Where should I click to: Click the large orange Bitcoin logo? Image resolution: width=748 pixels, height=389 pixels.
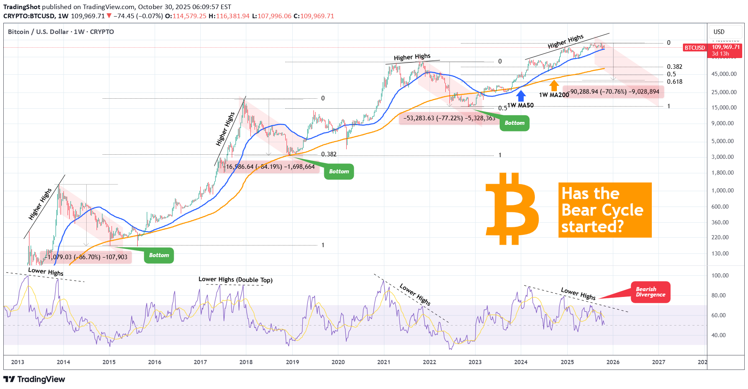(512, 209)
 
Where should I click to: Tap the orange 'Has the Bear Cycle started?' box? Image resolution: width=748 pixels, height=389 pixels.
(605, 210)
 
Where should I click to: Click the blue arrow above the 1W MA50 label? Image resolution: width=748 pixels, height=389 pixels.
(521, 96)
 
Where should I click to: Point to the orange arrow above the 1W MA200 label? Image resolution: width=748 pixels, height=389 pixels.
(554, 85)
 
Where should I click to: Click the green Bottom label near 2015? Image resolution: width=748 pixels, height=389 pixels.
(159, 255)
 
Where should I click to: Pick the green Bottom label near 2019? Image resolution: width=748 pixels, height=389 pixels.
(339, 171)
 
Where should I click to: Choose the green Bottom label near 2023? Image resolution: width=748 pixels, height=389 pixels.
(514, 123)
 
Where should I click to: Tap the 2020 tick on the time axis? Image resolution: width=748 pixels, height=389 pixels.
(338, 362)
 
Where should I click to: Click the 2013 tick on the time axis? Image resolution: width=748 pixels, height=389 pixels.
(17, 362)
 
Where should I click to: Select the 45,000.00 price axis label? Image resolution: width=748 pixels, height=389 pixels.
(724, 74)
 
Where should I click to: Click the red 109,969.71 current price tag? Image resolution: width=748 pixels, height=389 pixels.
(726, 47)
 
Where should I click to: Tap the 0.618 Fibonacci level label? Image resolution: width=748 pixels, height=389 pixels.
(675, 82)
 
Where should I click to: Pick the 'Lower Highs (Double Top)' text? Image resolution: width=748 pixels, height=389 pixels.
(236, 280)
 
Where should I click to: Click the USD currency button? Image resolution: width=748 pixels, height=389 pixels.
(719, 32)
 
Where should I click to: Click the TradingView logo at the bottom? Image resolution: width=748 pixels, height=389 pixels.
(34, 379)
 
